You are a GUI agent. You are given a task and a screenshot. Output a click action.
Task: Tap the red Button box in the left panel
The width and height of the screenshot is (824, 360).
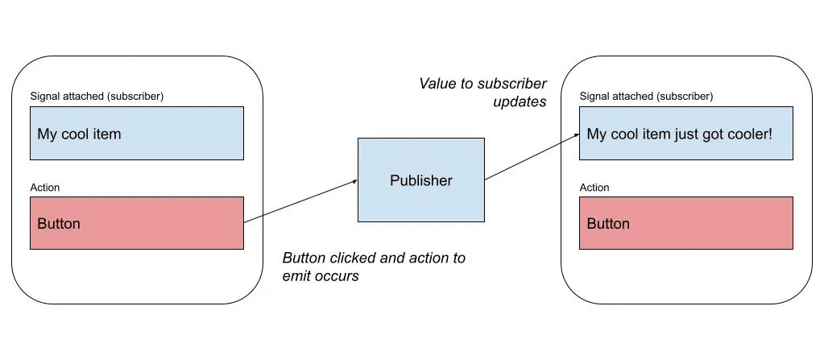click(x=137, y=223)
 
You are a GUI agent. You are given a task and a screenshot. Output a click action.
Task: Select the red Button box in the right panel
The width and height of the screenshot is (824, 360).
click(x=686, y=223)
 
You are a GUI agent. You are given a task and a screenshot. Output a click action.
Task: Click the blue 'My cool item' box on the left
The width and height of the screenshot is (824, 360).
click(x=137, y=134)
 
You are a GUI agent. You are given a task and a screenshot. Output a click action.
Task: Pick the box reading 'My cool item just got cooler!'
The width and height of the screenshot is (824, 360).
click(x=686, y=134)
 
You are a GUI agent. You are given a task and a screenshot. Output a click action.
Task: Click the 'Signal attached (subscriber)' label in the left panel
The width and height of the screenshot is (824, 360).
click(x=97, y=96)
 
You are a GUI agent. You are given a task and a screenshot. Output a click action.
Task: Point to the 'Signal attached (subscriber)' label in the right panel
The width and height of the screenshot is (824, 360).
click(x=646, y=96)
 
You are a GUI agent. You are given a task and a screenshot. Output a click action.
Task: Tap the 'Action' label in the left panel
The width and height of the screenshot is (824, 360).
click(x=45, y=188)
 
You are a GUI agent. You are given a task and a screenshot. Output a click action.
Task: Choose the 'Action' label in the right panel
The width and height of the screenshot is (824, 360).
click(x=594, y=188)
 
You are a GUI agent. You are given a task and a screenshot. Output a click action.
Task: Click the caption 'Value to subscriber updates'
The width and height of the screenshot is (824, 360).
click(x=483, y=93)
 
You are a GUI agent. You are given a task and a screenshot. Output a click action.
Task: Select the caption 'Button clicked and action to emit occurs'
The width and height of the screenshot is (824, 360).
click(x=373, y=267)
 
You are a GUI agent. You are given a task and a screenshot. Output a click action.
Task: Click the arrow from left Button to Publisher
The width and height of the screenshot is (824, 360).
click(x=300, y=201)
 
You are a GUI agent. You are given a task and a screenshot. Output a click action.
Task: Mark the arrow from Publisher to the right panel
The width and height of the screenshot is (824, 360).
click(x=532, y=158)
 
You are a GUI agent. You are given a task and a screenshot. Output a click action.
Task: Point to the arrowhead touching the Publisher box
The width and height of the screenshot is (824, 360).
click(x=354, y=182)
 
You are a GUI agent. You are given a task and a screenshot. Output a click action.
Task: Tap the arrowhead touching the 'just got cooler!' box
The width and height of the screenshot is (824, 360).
click(x=576, y=136)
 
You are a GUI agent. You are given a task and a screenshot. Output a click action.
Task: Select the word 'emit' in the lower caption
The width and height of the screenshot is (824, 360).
click(x=297, y=276)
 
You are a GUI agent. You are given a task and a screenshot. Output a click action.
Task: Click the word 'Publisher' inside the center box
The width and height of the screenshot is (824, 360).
click(x=420, y=180)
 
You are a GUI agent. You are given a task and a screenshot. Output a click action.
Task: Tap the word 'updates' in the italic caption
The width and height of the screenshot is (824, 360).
click(x=520, y=102)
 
